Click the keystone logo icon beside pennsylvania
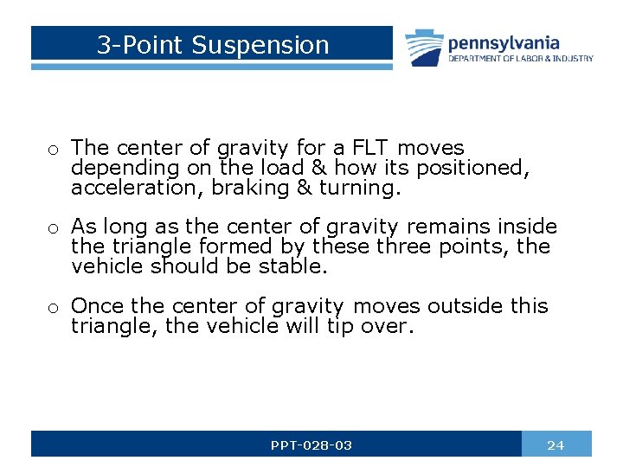click(423, 48)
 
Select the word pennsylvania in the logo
click(504, 42)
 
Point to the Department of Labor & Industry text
click(520, 59)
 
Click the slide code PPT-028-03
click(311, 445)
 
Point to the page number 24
click(556, 445)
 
